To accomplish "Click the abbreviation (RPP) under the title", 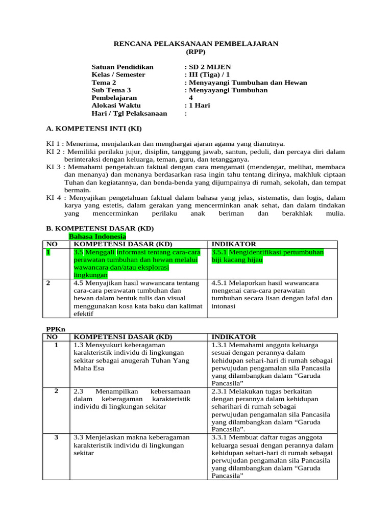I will tap(195, 51).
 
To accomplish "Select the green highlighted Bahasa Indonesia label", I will tap(97, 237).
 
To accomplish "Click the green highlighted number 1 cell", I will tap(48, 252).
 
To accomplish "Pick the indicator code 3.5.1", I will tap(219, 252).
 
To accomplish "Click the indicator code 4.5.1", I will tap(219, 282).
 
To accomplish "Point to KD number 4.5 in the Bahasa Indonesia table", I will tap(78, 282).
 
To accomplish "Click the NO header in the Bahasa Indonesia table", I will tap(52, 244).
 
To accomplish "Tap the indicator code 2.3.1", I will tap(219, 391).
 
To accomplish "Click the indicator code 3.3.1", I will tap(219, 437).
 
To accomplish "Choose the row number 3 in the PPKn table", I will tap(56, 437).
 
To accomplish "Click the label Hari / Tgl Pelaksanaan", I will tap(129, 113).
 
